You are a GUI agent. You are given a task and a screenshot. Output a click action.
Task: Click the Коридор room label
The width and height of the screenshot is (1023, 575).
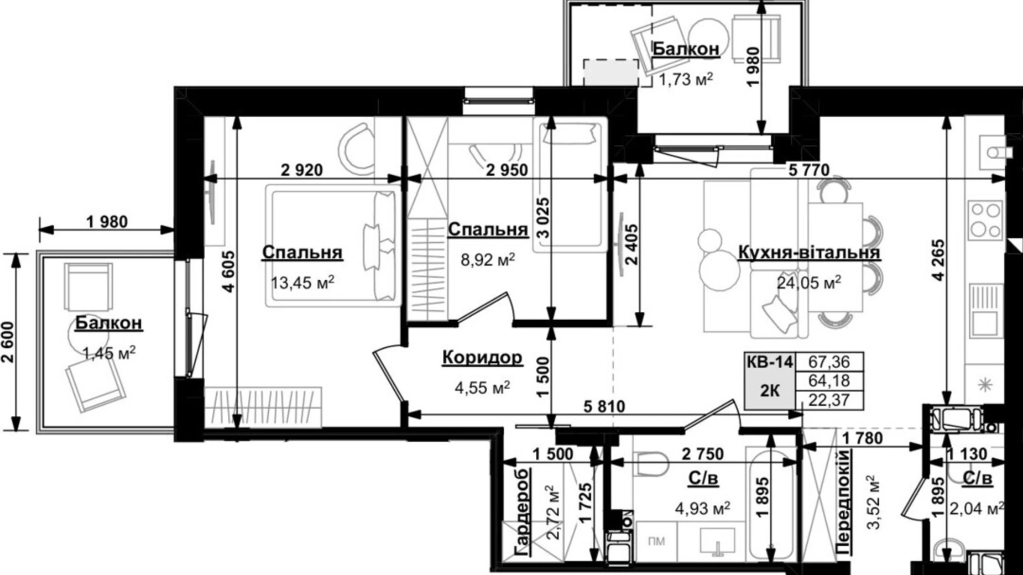point(482,358)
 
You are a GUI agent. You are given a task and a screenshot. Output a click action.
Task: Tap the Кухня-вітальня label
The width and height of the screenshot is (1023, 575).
point(809,253)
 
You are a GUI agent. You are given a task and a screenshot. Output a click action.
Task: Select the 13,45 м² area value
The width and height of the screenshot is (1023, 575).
point(302,283)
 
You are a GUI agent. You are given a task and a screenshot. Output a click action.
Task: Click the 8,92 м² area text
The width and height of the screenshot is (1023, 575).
point(488,259)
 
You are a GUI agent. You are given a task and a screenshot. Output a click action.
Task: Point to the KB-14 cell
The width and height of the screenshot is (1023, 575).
point(769,363)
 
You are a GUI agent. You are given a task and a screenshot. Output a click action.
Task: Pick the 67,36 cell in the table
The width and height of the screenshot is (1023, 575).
point(828,363)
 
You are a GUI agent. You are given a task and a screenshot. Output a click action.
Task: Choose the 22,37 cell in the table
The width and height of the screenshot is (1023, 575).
point(828,400)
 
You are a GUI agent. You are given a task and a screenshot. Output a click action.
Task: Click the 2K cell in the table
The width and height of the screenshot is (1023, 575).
point(769,390)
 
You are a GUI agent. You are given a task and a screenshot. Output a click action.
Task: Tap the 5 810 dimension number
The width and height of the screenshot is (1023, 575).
point(604,407)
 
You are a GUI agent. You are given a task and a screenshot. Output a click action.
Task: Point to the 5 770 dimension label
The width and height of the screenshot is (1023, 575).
point(808,170)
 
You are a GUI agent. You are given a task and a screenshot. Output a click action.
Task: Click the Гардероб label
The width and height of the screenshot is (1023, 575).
point(522,512)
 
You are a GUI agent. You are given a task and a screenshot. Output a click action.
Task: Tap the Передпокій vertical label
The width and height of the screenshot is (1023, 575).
point(842,502)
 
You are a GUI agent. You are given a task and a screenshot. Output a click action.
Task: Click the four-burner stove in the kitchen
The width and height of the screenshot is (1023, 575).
point(986,220)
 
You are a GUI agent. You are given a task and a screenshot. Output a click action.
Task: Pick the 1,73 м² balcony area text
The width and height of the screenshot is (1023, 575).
point(685,80)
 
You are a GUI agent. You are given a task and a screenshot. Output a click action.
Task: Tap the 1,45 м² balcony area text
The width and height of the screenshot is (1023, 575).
point(108,353)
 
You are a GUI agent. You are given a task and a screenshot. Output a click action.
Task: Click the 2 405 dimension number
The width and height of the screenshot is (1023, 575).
point(630,244)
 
